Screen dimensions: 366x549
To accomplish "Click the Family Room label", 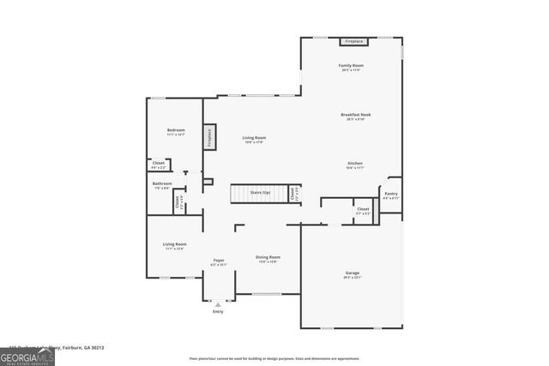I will tap(351, 66).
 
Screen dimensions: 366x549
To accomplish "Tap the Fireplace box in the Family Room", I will tap(353, 41).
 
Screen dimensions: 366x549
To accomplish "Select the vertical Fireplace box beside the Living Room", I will tap(208, 138).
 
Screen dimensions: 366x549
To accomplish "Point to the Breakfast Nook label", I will tap(355, 114).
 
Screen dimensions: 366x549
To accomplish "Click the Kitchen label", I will tap(355, 163).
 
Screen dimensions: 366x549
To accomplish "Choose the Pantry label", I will tap(390, 194).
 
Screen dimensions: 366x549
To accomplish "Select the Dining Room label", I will tap(268, 257).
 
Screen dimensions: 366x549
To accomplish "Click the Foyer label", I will tap(219, 261).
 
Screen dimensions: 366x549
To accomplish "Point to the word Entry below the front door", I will tap(217, 311).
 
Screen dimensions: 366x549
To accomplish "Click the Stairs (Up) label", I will tap(260, 193).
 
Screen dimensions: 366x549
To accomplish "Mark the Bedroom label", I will tap(176, 129).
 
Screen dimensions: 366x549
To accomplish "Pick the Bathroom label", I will tap(162, 183).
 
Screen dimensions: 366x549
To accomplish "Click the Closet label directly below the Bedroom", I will tap(159, 163).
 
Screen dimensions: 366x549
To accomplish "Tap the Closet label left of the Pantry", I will tap(363, 209).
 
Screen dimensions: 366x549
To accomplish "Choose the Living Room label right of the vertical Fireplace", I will tap(254, 137).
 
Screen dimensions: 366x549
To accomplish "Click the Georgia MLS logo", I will tap(27, 356).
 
